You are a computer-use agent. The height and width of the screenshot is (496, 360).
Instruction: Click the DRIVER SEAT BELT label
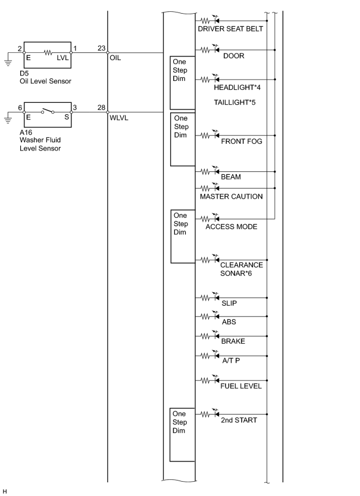coord(230,29)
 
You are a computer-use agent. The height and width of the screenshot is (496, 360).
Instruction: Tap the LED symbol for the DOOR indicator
coord(216,49)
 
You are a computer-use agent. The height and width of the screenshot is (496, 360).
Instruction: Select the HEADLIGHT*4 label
coord(237,87)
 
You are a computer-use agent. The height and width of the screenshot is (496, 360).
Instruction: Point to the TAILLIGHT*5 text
coord(234,102)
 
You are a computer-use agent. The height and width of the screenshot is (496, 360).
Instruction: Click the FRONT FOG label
coord(242,142)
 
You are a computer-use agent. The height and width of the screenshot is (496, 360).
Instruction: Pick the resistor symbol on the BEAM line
coord(205,172)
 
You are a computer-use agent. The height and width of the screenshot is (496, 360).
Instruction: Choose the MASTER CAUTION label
coord(231,196)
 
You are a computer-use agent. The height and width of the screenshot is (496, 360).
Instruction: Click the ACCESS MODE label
coord(231,227)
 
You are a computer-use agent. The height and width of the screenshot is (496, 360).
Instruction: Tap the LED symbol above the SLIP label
coord(216,297)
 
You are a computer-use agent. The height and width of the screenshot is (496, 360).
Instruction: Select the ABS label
coord(229,322)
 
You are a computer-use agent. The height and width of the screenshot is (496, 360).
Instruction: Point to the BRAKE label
coord(233,341)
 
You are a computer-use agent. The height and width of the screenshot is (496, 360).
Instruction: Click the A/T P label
coord(231,360)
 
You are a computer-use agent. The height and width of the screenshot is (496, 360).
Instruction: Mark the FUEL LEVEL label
coord(241,386)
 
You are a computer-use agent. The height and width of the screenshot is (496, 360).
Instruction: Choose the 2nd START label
coord(239,420)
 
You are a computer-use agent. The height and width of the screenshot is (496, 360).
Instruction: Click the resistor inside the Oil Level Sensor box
coord(48,53)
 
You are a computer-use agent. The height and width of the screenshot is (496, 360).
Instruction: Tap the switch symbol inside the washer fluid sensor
coord(48,111)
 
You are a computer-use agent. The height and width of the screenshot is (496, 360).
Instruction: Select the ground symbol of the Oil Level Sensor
coord(8,63)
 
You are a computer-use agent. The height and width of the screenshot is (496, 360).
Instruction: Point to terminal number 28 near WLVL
coord(101,108)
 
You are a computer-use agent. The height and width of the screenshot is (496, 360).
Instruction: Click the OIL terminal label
coord(115,58)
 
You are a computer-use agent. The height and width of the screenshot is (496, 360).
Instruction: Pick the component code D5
coord(24,73)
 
